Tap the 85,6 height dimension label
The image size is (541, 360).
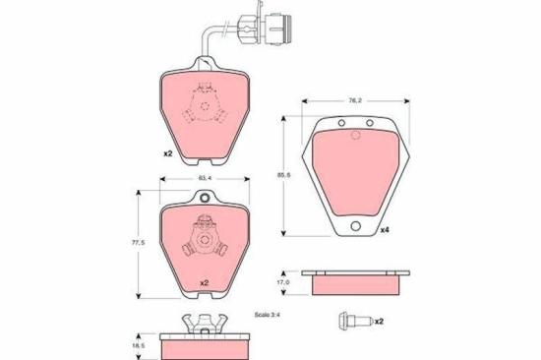coord(284,175)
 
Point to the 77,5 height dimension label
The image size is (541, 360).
coord(138,242)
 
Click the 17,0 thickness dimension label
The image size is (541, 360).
coord(284,282)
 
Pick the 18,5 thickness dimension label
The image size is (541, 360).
coord(139,345)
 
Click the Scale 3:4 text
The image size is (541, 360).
coord(267,315)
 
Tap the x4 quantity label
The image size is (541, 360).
coord(385,230)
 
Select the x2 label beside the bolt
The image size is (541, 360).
coord(379,322)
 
